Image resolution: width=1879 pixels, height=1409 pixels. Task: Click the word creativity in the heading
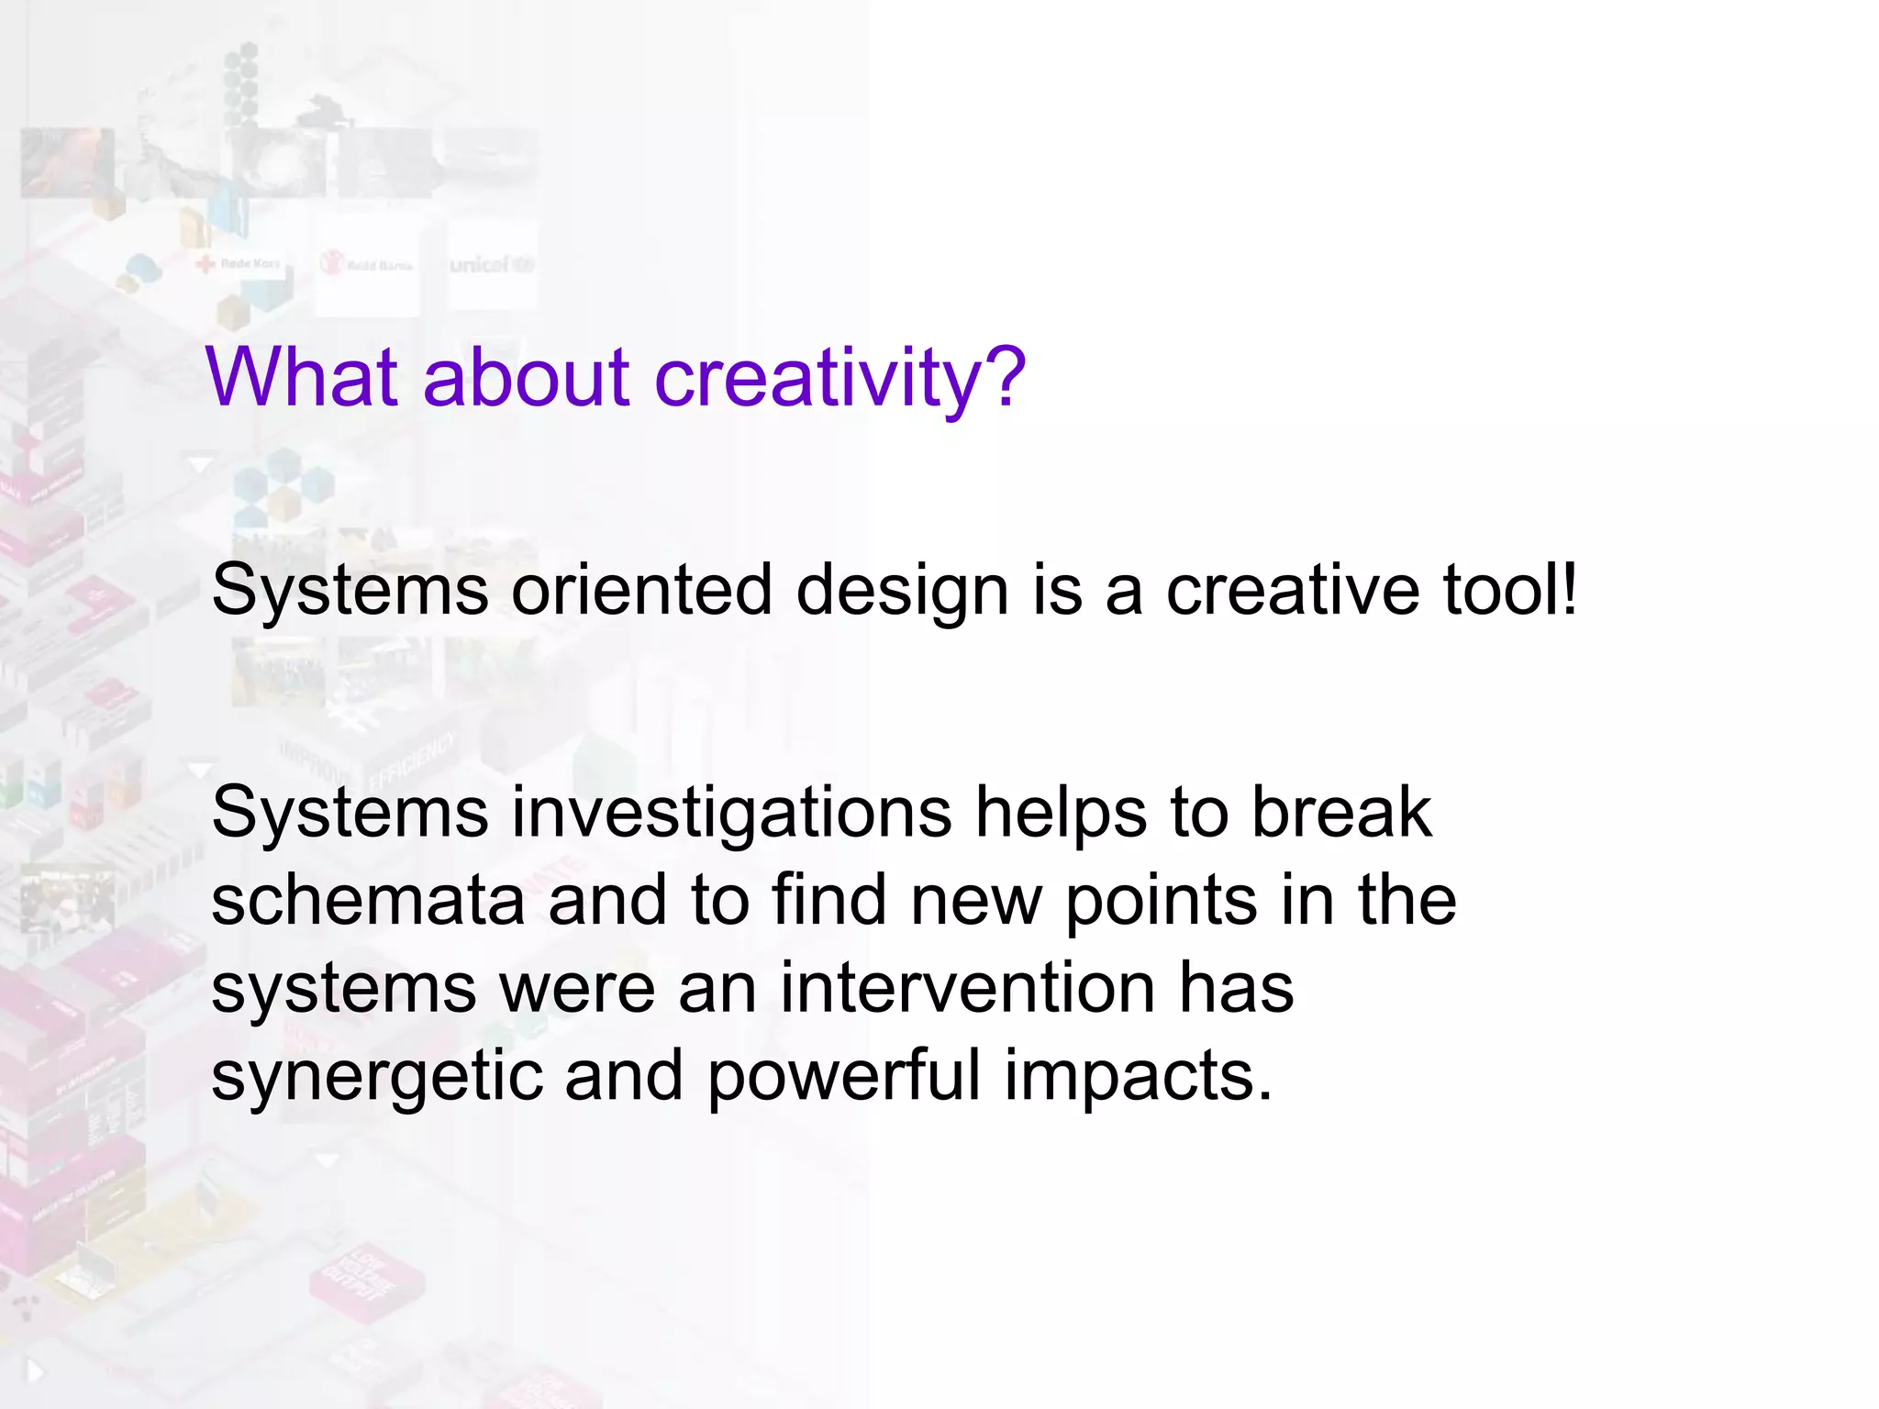pos(839,378)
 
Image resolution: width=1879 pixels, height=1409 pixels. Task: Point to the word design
pos(902,592)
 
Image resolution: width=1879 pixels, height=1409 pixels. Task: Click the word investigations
pos(731,813)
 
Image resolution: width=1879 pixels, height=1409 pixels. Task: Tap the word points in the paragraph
pos(1159,902)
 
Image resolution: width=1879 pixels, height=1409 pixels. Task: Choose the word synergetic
pos(376,1077)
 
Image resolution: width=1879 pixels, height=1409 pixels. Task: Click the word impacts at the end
pos(1138,1077)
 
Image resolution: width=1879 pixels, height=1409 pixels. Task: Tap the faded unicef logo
pos(491,265)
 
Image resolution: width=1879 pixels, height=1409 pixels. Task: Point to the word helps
pos(1060,813)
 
